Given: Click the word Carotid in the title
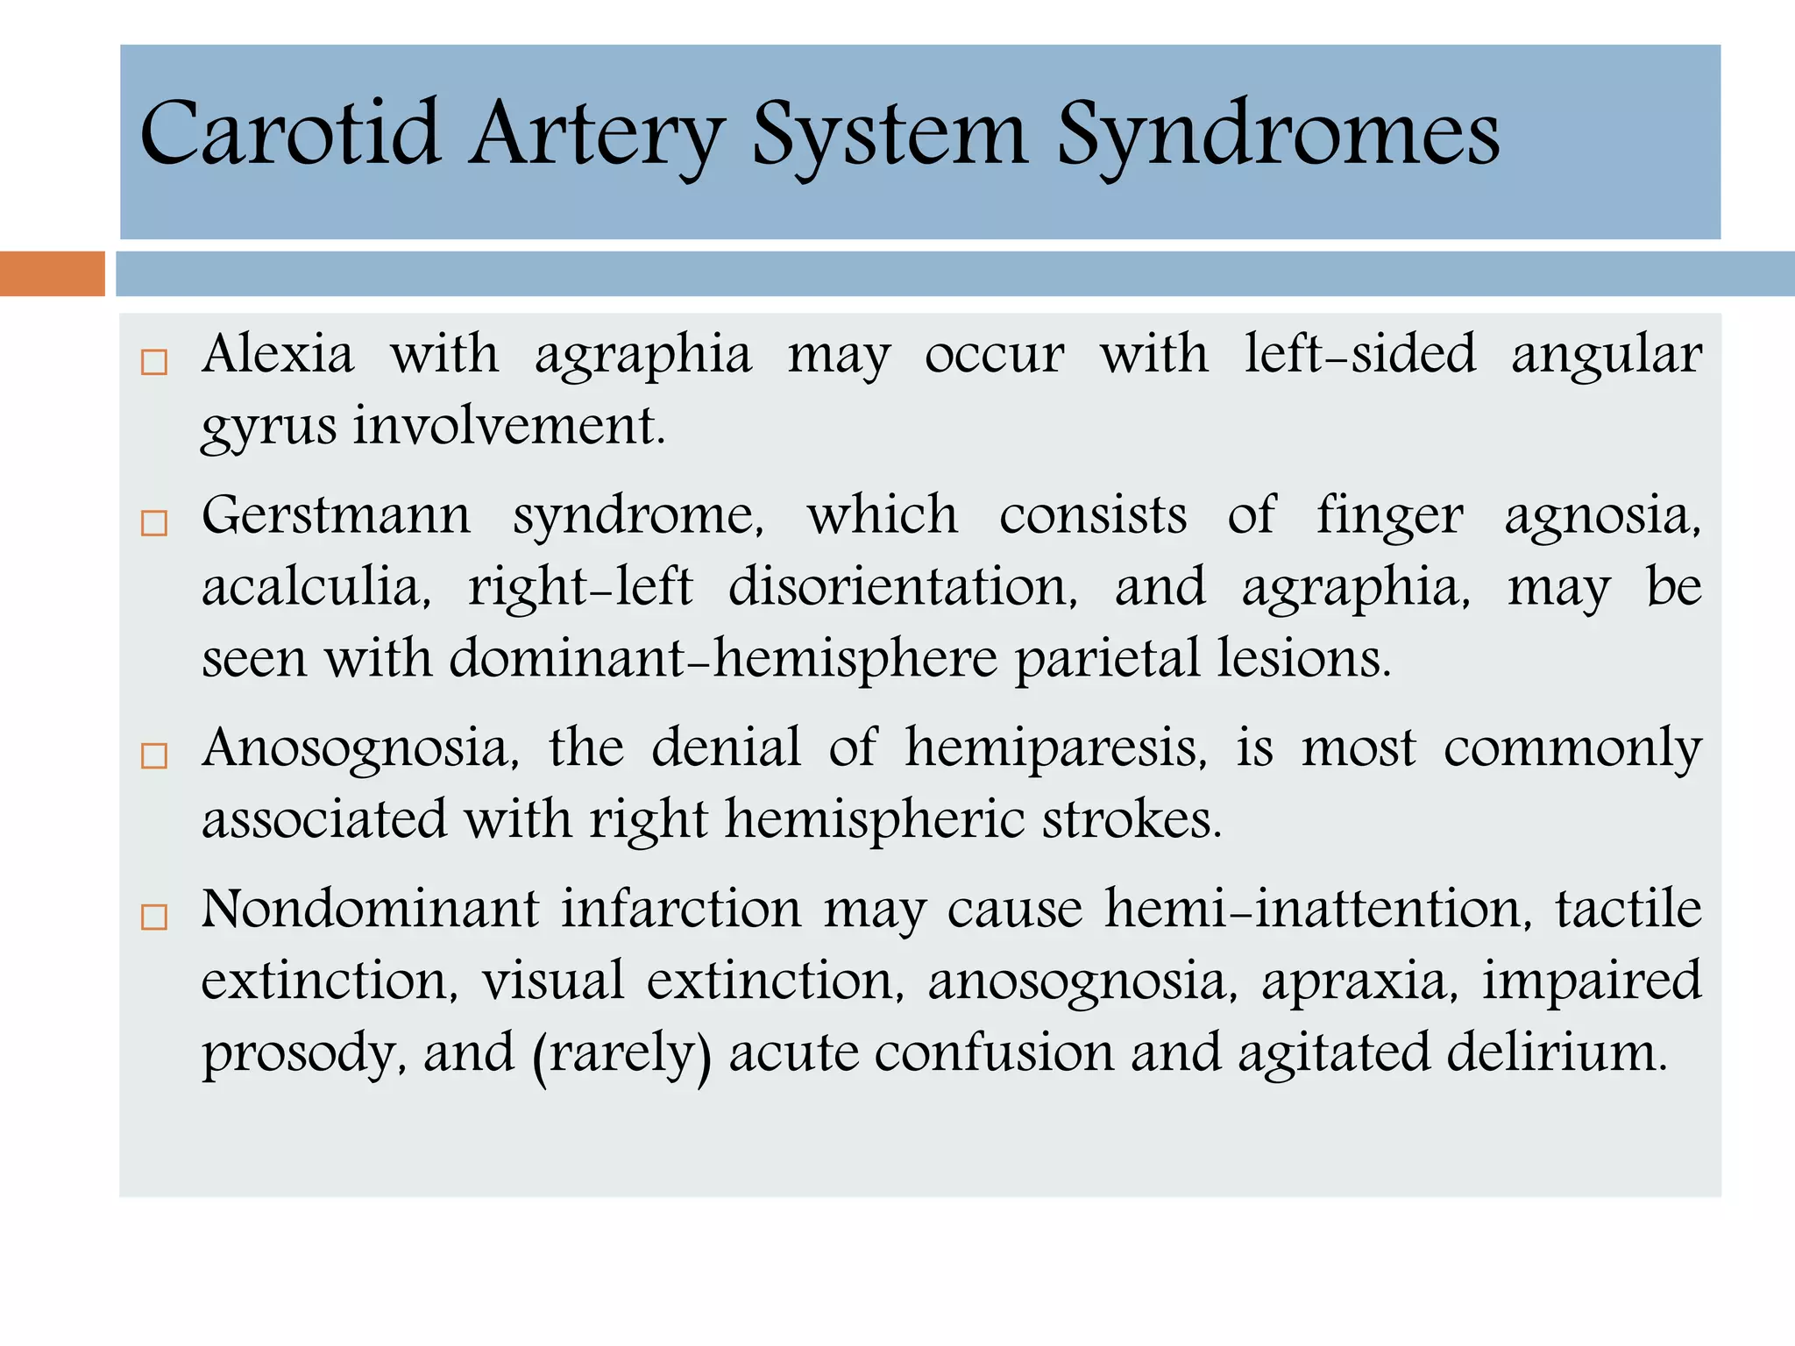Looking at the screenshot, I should coord(289,133).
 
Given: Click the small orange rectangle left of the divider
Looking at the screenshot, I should coord(52,273).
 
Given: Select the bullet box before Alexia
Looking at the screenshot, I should coord(154,362).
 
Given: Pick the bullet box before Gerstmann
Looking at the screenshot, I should coord(154,523).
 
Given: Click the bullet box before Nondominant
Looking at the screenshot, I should coord(154,917).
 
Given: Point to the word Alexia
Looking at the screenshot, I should coord(278,354).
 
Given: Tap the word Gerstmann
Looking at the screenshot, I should coord(336,515).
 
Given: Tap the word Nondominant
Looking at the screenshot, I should coord(370,909).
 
